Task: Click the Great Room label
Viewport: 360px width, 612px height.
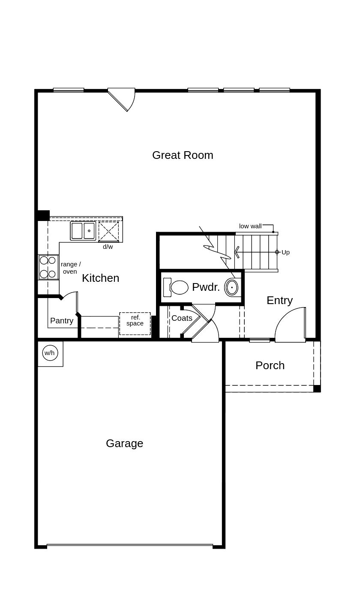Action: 183,155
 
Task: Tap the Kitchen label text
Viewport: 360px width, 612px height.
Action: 100,278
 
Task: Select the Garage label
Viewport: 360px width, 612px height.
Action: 124,443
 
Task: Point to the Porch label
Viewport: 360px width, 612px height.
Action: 270,365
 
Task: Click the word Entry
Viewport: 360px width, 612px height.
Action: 279,300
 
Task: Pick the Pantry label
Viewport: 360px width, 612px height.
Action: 62,321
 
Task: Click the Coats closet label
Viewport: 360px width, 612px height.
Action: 182,318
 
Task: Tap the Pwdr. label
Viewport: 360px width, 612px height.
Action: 206,287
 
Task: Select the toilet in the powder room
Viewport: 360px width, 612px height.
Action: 176,287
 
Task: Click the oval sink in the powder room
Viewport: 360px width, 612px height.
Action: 231,287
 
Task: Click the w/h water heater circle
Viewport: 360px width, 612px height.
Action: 50,353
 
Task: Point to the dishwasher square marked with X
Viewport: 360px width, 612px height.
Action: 108,231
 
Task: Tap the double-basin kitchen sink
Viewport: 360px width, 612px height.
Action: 83,231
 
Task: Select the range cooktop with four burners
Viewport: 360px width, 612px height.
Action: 48,267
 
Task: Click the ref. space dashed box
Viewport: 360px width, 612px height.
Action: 135,324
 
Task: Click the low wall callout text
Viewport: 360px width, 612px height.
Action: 250,226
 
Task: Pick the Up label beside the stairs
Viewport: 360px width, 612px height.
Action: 285,252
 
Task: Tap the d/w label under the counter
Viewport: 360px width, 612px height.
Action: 108,247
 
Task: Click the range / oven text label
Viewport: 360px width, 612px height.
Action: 70,268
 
